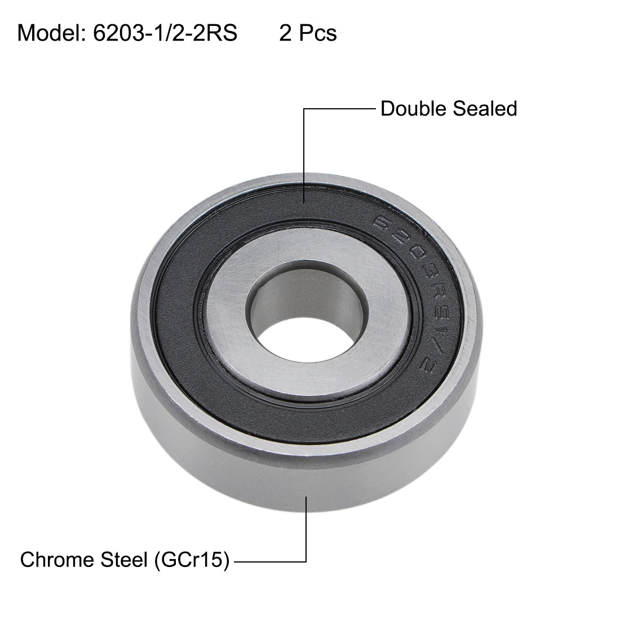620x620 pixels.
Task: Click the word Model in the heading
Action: (x=50, y=33)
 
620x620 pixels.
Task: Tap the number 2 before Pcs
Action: (x=285, y=33)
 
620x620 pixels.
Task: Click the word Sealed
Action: (x=486, y=108)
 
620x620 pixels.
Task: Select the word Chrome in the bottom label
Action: (x=56, y=560)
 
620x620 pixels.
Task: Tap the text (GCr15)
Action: (x=191, y=560)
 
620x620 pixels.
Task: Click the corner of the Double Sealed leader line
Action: (x=305, y=109)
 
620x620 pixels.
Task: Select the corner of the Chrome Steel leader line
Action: (x=306, y=561)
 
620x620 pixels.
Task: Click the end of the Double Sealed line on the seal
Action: (x=305, y=202)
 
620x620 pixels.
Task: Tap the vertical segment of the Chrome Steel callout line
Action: (x=306, y=530)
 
